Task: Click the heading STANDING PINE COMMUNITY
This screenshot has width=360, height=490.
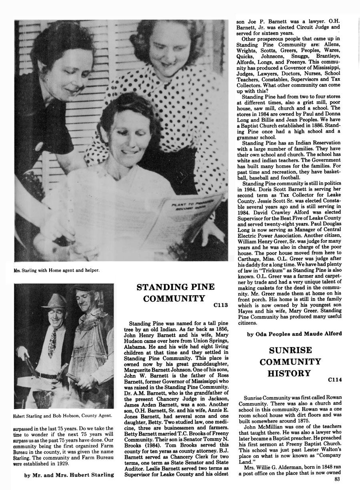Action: (x=176, y=293)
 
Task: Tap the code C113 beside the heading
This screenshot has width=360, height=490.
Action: (x=220, y=305)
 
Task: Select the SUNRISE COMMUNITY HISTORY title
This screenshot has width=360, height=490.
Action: (x=290, y=362)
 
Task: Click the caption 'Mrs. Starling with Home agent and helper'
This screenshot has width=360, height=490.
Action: (x=56, y=270)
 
